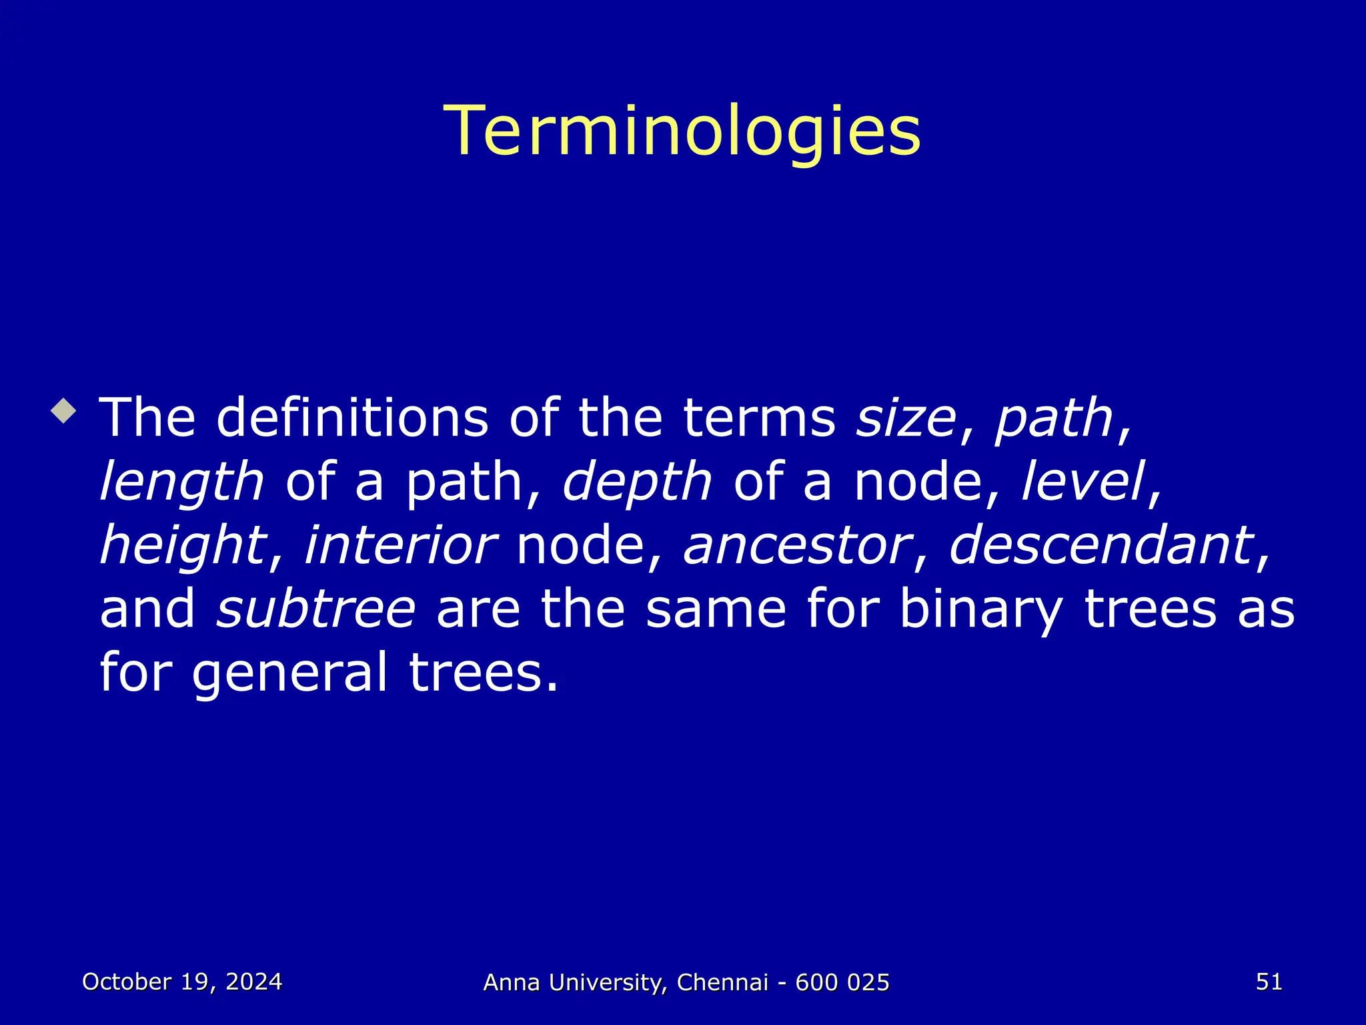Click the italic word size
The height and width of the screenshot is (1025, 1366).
906,418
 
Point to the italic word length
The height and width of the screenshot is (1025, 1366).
181,482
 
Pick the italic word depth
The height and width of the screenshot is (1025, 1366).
637,482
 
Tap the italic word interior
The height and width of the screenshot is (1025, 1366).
400,545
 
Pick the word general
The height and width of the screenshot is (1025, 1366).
289,673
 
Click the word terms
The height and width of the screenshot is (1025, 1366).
759,418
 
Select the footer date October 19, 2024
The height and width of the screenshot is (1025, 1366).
182,982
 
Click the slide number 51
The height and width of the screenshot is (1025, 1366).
1269,982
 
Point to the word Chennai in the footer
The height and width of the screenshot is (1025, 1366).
722,982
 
